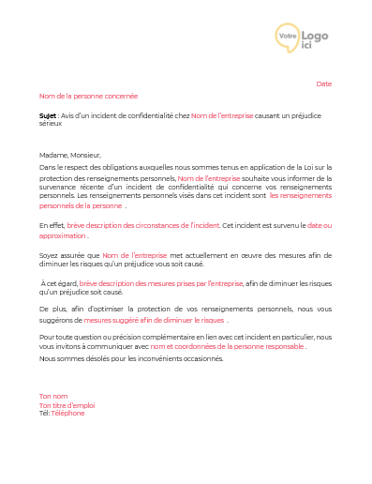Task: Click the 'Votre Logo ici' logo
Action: (x=302, y=39)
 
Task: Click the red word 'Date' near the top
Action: (x=323, y=83)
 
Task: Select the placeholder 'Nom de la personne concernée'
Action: (x=88, y=96)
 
